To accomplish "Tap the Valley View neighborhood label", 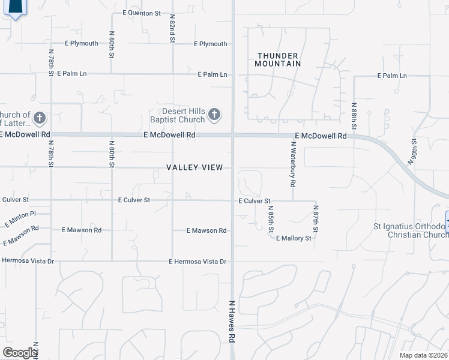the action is [x=195, y=168].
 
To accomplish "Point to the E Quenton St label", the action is [x=142, y=13].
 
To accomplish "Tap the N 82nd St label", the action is [x=172, y=29].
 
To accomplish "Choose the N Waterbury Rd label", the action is [x=293, y=162].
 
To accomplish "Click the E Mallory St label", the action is [x=294, y=238].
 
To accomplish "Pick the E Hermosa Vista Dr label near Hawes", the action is [x=198, y=262].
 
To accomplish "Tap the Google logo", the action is [x=20, y=352].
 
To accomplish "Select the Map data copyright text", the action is [x=423, y=355].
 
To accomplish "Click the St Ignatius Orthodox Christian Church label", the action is [x=411, y=230].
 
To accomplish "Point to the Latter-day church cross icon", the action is [x=40, y=118].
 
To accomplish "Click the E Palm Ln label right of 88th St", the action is [x=392, y=76].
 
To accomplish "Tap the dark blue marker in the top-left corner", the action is [x=16, y=7].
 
